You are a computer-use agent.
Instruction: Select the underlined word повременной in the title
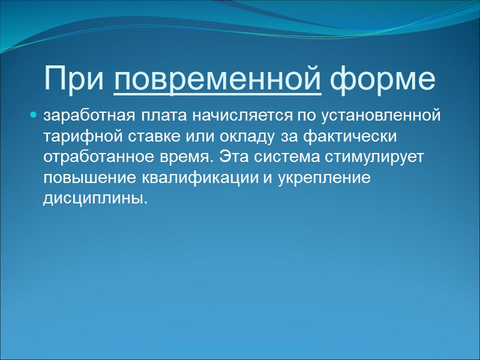click(217, 79)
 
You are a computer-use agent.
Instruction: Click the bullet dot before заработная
click(34, 114)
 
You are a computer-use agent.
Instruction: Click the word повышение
click(80, 178)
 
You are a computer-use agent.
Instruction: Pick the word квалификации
click(180, 178)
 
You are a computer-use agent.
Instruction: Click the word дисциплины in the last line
click(94, 199)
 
